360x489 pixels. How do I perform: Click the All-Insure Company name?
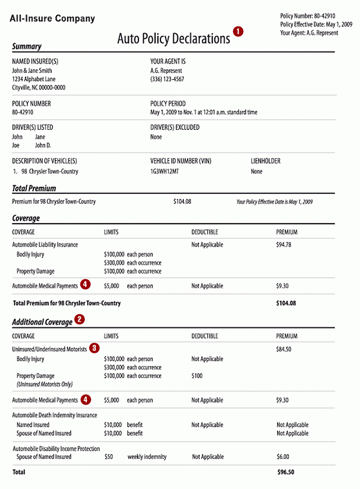pyautogui.click(x=52, y=18)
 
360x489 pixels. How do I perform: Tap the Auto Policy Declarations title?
pyautogui.click(x=173, y=39)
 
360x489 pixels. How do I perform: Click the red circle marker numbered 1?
pyautogui.click(x=238, y=31)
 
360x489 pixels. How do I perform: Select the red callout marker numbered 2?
pyautogui.click(x=80, y=320)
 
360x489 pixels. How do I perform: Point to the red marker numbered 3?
pyautogui.click(x=94, y=348)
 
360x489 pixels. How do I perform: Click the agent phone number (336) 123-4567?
pyautogui.click(x=167, y=79)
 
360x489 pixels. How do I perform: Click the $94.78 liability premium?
pyautogui.click(x=284, y=245)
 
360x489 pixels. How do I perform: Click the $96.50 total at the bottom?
pyautogui.click(x=286, y=472)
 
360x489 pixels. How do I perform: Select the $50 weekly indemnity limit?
pyautogui.click(x=108, y=457)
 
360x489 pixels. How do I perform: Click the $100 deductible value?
pyautogui.click(x=197, y=376)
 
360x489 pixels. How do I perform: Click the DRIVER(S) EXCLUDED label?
pyautogui.click(x=175, y=128)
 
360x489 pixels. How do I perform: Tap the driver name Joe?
pyautogui.click(x=16, y=145)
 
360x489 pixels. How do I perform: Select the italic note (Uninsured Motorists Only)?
pyautogui.click(x=44, y=384)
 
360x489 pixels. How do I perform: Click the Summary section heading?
pyautogui.click(x=27, y=46)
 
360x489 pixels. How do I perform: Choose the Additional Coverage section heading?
pyautogui.click(x=42, y=322)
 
